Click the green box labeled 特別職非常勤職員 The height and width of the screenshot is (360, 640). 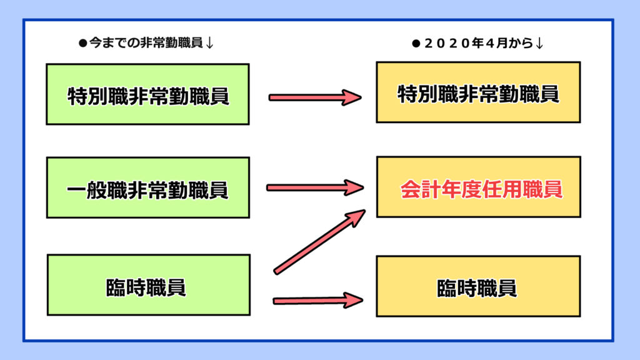tap(147, 94)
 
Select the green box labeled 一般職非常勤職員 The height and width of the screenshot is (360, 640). tap(147, 187)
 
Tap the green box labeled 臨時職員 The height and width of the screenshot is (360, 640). tap(147, 285)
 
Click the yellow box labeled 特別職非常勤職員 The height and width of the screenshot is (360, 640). tap(478, 92)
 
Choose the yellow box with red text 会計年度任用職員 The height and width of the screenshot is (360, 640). tap(478, 187)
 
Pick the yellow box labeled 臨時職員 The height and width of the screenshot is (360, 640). tap(478, 286)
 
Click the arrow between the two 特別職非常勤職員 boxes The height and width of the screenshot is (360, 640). tap(315, 97)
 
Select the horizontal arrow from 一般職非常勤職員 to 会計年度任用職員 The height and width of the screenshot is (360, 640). tap(315, 187)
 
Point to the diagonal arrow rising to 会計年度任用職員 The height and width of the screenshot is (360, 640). tap(319, 241)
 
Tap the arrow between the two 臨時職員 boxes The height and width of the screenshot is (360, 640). tap(317, 301)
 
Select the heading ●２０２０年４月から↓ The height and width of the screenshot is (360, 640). tap(477, 44)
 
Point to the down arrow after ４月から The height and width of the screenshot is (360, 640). tap(539, 44)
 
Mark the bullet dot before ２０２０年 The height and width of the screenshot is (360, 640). tap(415, 44)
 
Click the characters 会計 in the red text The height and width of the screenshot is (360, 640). tap(420, 189)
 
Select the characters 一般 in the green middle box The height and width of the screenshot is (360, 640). tap(86, 189)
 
